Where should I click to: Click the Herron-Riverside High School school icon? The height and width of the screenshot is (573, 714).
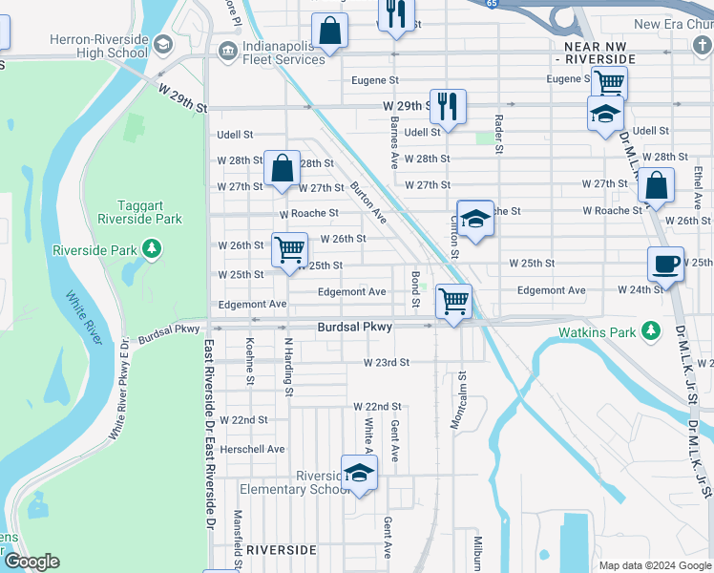tap(162, 43)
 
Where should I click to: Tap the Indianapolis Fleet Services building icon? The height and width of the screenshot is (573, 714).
tap(228, 51)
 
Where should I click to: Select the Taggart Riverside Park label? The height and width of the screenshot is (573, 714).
tap(149, 212)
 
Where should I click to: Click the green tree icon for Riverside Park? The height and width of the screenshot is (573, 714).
tap(151, 249)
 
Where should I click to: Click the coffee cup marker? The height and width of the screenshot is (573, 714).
tap(665, 264)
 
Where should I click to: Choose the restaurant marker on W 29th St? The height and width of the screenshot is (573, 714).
tap(447, 107)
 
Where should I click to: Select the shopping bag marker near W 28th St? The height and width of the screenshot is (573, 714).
tap(283, 169)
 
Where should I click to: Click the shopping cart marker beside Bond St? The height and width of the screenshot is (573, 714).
tap(453, 302)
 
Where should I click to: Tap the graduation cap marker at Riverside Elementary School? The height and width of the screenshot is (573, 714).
tap(359, 473)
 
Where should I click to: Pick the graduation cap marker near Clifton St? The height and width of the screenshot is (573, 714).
tap(474, 219)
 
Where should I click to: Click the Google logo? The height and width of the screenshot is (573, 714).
tap(31, 562)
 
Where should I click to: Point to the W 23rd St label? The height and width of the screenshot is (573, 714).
tap(386, 363)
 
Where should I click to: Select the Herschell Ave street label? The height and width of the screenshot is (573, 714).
tap(253, 449)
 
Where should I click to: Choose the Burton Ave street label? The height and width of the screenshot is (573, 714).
tap(367, 202)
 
